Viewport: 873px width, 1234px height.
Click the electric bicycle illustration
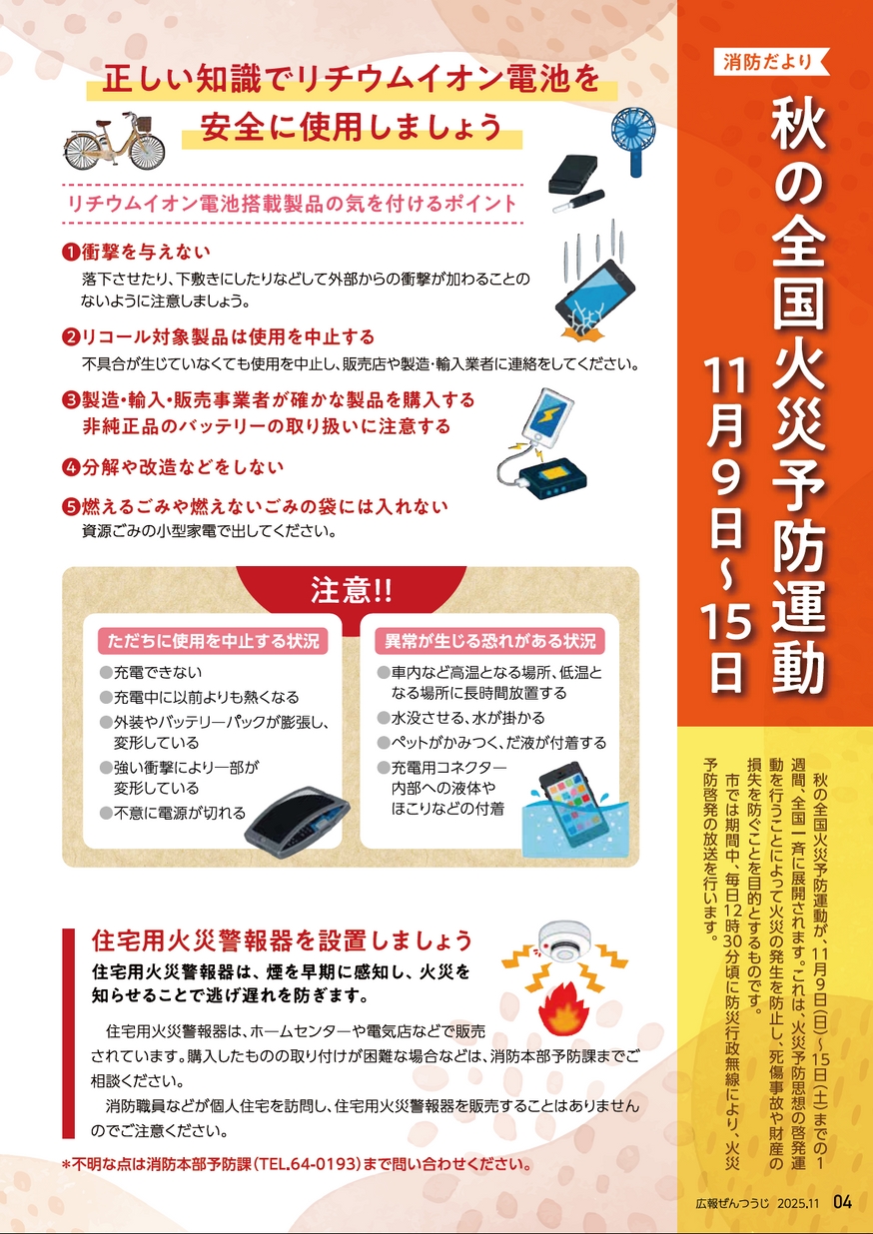point(114,142)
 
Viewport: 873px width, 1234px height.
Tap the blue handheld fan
point(632,140)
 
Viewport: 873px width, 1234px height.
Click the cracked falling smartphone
point(594,298)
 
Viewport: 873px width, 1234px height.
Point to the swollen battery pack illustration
point(297,820)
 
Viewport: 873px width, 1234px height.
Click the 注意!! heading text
point(352,590)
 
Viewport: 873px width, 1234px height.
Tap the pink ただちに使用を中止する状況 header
point(213,641)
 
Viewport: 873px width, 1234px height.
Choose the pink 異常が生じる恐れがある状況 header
point(489,641)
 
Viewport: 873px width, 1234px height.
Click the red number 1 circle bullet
point(71,253)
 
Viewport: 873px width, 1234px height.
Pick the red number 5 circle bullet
point(71,507)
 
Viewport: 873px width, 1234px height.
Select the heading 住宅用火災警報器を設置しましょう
point(283,940)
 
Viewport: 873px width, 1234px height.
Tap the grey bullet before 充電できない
point(106,673)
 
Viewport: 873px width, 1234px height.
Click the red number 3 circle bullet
point(71,400)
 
